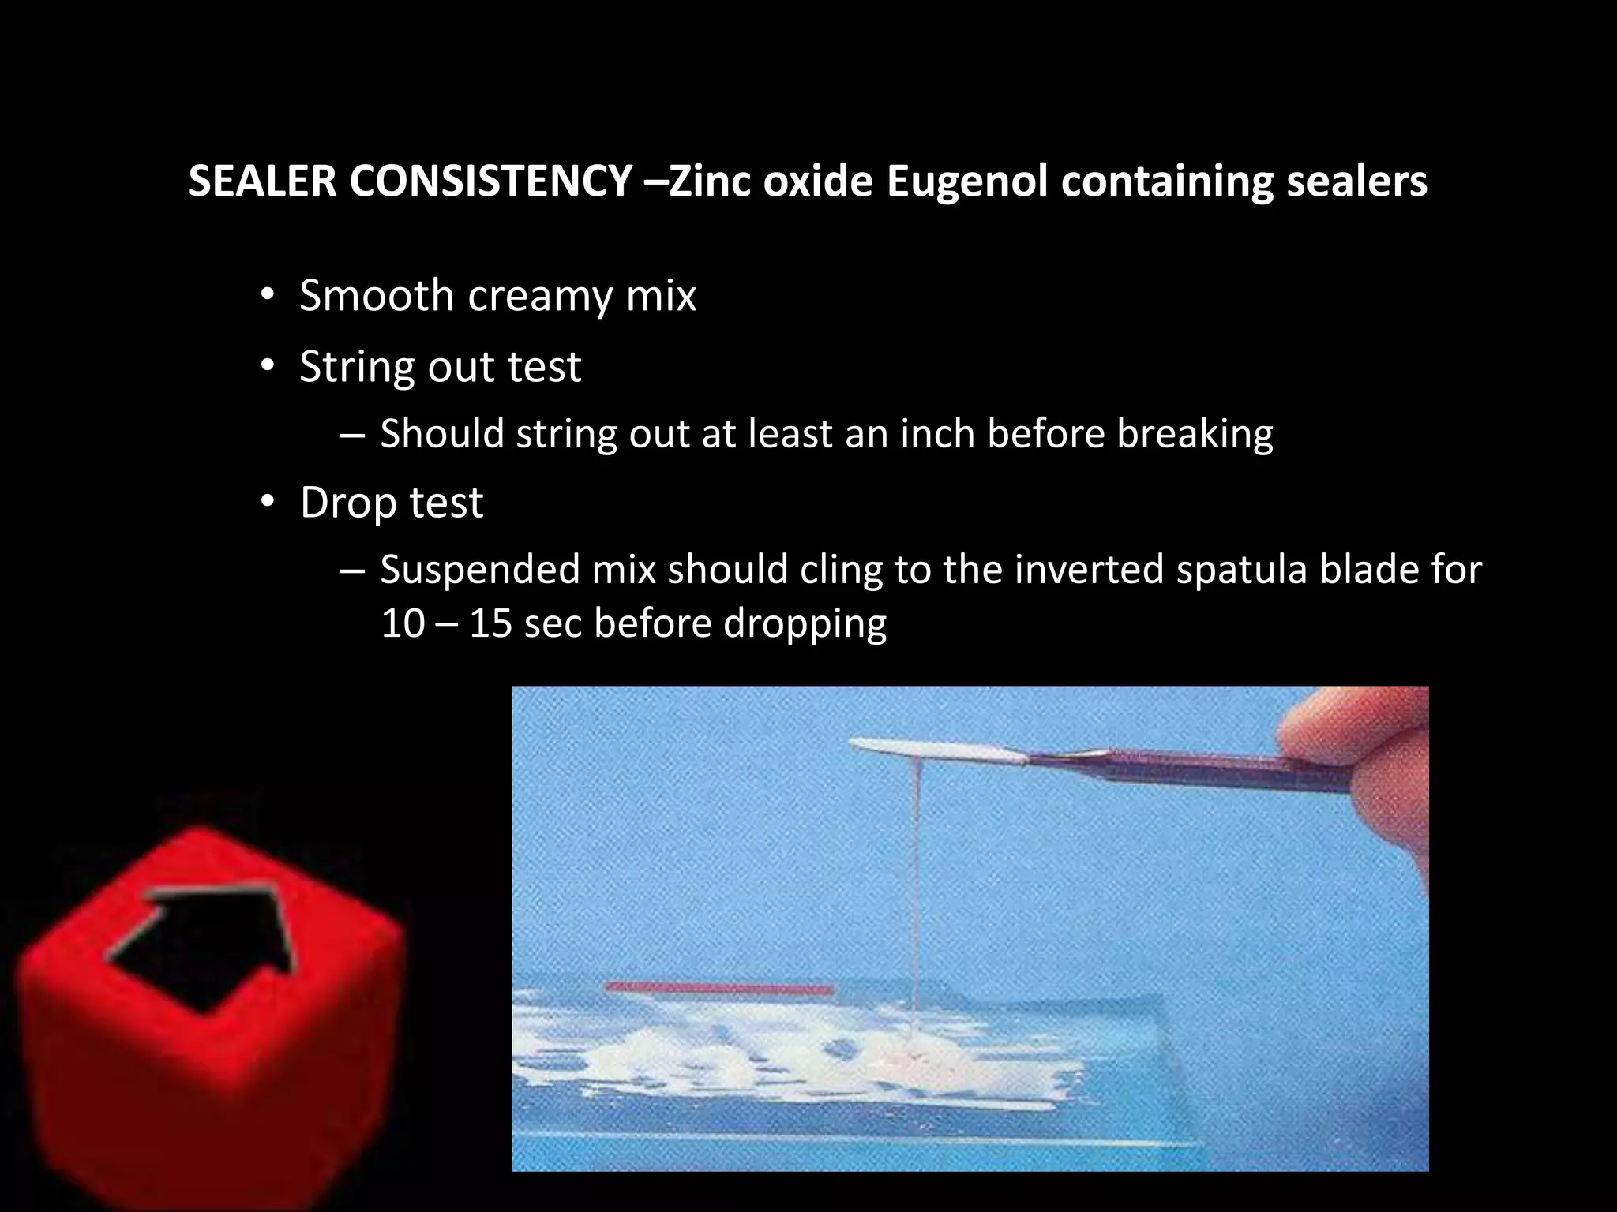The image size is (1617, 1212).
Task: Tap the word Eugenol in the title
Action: point(966,182)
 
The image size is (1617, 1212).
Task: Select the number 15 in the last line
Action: point(490,623)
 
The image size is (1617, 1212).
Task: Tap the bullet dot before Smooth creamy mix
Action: point(268,297)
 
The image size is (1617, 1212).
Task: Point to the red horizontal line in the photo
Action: point(719,987)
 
